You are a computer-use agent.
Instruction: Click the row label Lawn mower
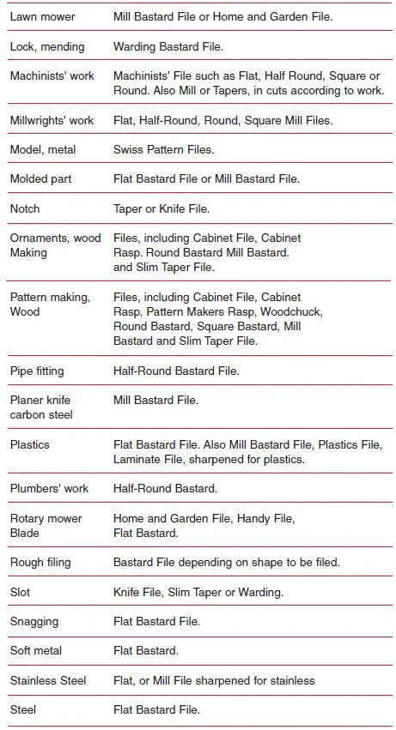pos(42,17)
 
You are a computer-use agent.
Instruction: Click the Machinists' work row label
pos(52,76)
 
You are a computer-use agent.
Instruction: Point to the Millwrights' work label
pos(52,120)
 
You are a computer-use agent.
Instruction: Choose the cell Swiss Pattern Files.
pos(164,149)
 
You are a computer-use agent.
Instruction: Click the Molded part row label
pos(41,179)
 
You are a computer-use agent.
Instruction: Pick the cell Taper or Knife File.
pos(161,208)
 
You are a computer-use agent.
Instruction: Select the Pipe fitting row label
pos(37,371)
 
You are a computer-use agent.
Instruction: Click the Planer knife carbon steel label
pos(41,407)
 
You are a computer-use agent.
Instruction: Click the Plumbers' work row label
pos(50,489)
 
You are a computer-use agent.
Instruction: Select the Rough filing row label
pos(41,563)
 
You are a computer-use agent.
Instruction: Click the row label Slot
pos(20,592)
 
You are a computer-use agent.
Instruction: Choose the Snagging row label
pos(35,621)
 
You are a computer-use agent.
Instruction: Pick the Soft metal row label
pos(36,651)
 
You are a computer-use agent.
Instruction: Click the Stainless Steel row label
pos(48,680)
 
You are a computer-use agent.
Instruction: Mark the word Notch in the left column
pos(25,208)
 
